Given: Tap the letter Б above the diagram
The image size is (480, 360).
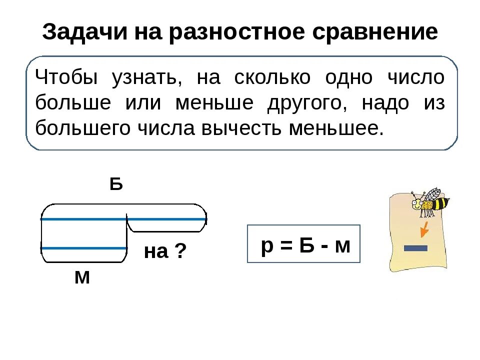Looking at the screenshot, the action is (116, 185).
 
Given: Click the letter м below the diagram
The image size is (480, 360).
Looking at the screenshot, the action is (82, 277).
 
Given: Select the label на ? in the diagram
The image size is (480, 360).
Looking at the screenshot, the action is (165, 251).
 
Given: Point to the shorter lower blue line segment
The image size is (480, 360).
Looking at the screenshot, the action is (84, 248).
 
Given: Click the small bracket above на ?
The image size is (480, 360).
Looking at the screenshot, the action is (166, 227).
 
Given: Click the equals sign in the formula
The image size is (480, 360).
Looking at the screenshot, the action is (285, 245).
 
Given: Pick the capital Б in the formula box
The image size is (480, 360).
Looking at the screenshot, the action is (306, 244).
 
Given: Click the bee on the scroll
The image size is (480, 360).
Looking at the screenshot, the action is (429, 203).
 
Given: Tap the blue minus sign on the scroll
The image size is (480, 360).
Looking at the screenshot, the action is (416, 247).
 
